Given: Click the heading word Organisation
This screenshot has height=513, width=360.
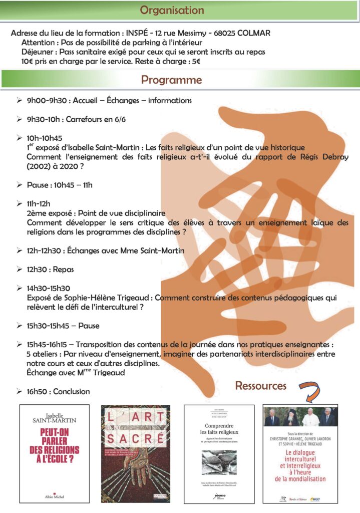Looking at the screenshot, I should (172, 10).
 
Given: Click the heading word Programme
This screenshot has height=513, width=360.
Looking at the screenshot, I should (171, 80).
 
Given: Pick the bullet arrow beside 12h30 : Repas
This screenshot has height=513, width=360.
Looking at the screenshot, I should (19, 270).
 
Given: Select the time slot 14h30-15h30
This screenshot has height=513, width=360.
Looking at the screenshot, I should (49, 288).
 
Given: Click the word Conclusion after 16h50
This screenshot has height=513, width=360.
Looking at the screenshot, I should (72, 391).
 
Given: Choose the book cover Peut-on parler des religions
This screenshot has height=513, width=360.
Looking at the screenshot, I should (54, 453).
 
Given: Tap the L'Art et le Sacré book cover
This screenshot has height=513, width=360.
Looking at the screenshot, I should (136, 453).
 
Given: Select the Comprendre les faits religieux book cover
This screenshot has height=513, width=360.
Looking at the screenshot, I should (219, 453).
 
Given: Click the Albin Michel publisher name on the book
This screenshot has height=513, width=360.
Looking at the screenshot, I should (54, 495).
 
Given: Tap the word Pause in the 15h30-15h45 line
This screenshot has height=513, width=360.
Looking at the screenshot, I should (89, 326).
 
